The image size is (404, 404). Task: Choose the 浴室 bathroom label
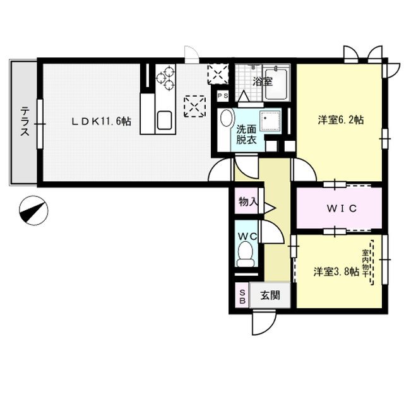click(261, 81)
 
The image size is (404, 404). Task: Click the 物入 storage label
click(248, 203)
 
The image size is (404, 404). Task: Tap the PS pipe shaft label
click(222, 95)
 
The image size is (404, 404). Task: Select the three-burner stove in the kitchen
click(167, 78)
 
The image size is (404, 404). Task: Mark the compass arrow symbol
click(33, 210)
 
